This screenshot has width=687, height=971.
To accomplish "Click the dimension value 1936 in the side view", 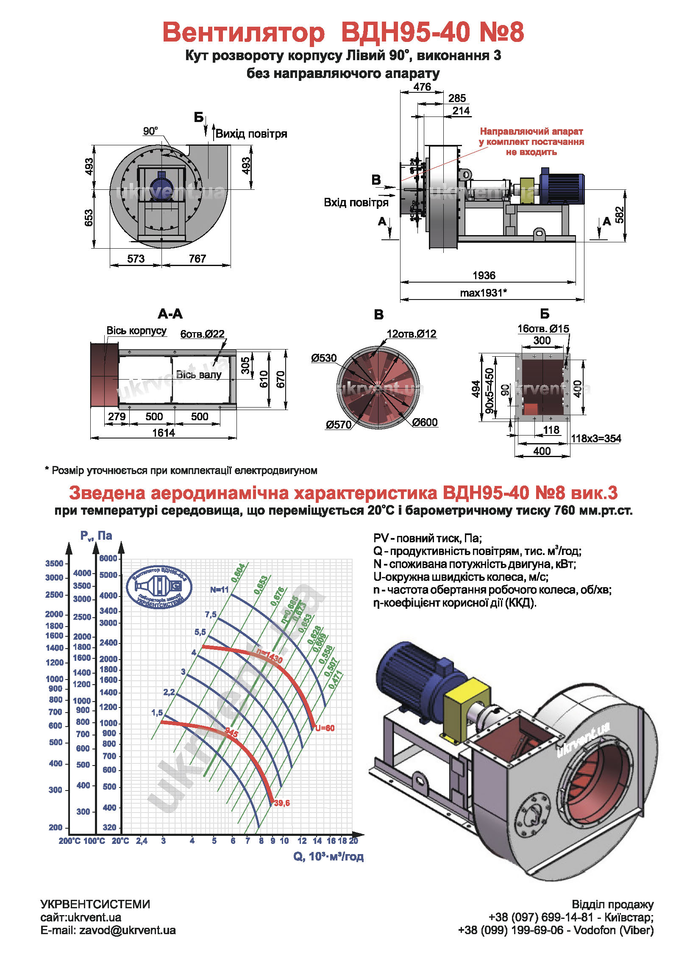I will click(x=484, y=275).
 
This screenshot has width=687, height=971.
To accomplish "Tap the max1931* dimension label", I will click(x=484, y=293).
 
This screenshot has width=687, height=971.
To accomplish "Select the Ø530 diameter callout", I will click(x=324, y=358).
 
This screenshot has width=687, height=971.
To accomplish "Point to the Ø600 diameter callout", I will click(x=425, y=422).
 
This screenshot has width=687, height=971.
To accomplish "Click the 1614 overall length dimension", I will click(x=164, y=433).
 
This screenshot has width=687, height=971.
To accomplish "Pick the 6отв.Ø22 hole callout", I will click(x=202, y=334).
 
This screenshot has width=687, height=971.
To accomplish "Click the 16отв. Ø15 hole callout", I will click(x=543, y=329).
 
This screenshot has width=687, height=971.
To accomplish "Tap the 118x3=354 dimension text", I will click(x=596, y=438).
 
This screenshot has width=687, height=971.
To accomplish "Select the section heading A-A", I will click(x=170, y=314).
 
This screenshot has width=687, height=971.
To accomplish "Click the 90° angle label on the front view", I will click(x=150, y=131).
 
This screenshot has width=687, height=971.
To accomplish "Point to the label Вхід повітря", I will click(x=356, y=203).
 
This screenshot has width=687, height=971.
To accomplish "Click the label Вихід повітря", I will click(x=251, y=134).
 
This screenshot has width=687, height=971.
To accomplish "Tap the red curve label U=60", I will click(x=325, y=728).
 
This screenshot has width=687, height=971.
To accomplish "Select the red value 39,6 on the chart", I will click(x=282, y=803).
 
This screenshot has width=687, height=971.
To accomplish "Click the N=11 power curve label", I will click(x=219, y=589).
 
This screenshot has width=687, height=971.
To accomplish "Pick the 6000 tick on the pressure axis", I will click(x=108, y=558).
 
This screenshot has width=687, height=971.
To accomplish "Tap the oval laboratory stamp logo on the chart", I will click(x=159, y=587).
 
